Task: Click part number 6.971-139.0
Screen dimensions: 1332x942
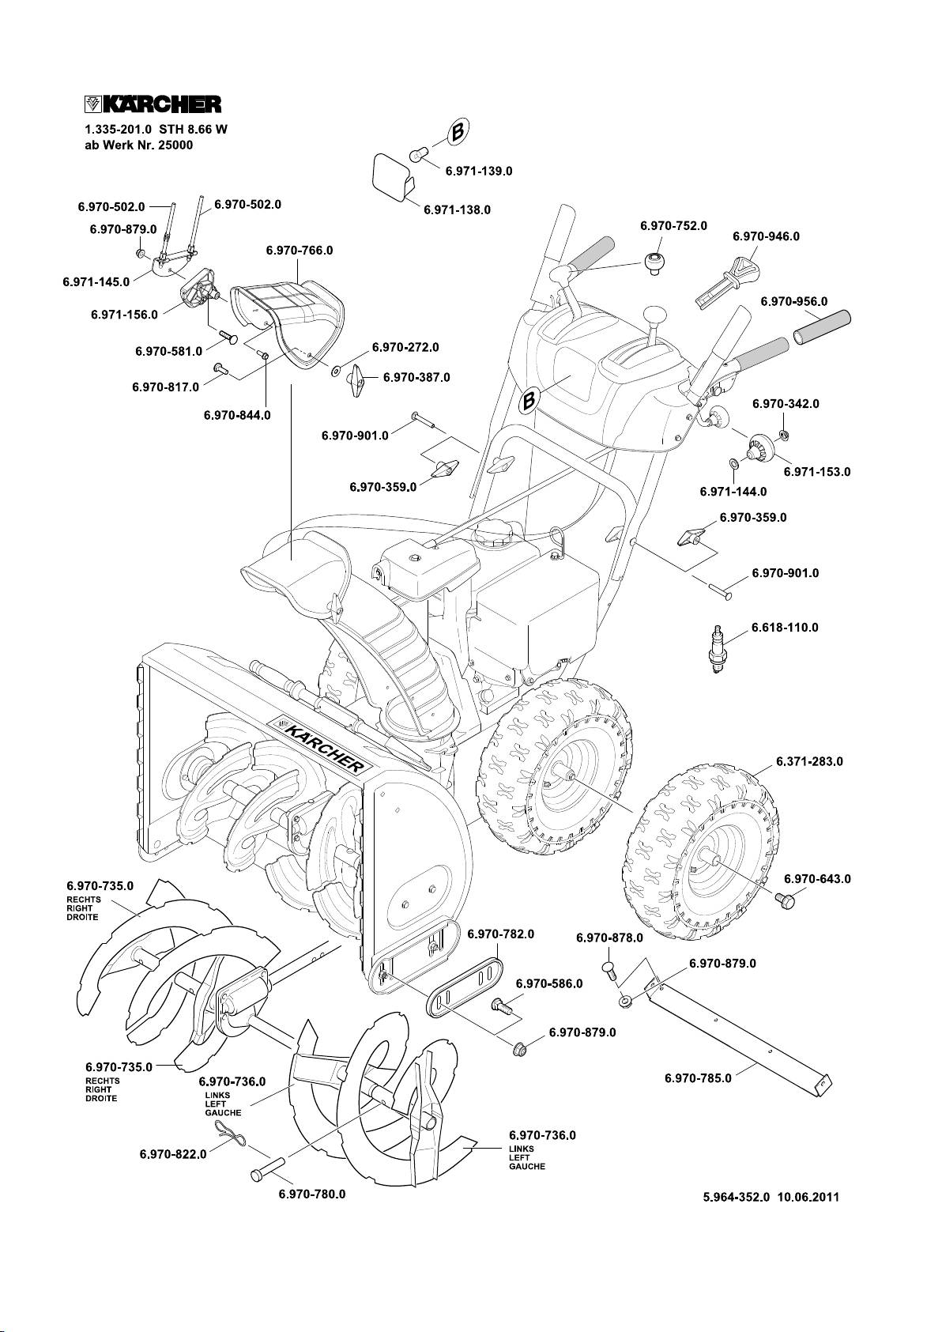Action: coord(480,171)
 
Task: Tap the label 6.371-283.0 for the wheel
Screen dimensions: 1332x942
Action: coord(809,762)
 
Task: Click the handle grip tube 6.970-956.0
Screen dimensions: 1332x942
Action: coord(822,326)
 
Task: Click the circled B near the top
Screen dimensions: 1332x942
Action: coord(458,133)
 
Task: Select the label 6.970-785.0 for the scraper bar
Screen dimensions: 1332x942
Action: coord(698,1077)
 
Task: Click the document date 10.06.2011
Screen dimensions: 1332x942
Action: coord(808,1220)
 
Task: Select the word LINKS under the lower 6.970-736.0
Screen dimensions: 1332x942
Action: coord(522,1148)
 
